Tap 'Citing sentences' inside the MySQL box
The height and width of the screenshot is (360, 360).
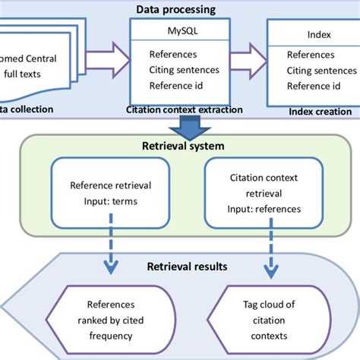pos(184,71)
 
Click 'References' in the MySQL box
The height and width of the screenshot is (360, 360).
pos(173,55)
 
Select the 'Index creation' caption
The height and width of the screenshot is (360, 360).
pos(321,112)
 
